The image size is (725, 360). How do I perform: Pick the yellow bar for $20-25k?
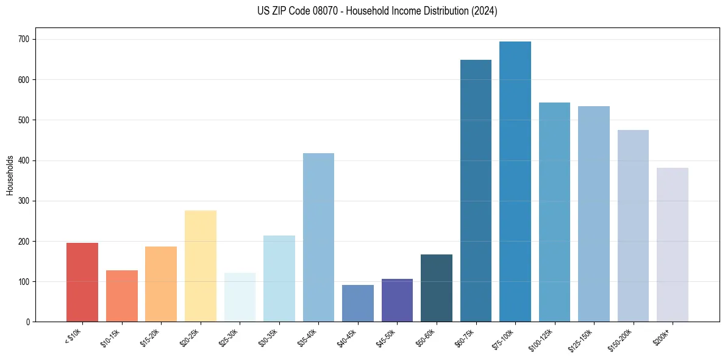201,266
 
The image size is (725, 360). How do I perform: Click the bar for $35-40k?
318,237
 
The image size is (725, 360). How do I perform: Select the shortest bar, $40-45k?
358,303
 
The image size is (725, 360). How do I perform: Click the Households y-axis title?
10,175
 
